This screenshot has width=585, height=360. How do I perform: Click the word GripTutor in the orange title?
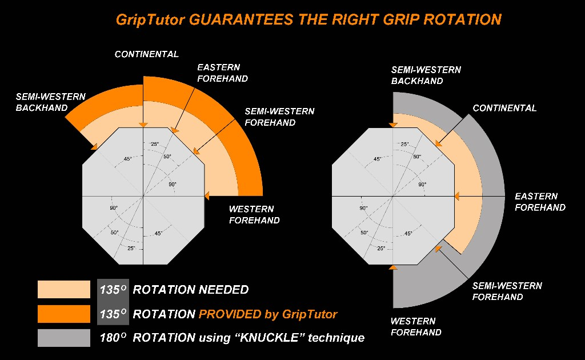point(150,19)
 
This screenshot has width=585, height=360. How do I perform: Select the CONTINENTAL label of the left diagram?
point(147,54)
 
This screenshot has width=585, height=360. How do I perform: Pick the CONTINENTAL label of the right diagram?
point(504,108)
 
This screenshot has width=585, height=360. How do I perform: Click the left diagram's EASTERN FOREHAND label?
point(222,73)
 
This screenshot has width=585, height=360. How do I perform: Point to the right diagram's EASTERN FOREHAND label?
point(540,202)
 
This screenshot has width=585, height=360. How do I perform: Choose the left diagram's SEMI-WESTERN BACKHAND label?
point(50,102)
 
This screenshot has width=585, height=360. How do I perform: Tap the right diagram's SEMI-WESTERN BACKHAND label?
point(426,75)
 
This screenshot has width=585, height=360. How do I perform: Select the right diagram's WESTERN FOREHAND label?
point(416,326)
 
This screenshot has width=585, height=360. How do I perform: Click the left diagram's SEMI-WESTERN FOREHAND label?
point(279,117)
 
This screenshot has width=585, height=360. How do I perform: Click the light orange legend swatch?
point(64,290)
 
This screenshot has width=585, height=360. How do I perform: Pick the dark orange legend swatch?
point(64,314)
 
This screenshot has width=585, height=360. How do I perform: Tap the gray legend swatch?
point(64,338)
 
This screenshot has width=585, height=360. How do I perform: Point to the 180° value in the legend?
point(113,338)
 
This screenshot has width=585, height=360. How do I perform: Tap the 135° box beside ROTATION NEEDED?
point(113,290)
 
